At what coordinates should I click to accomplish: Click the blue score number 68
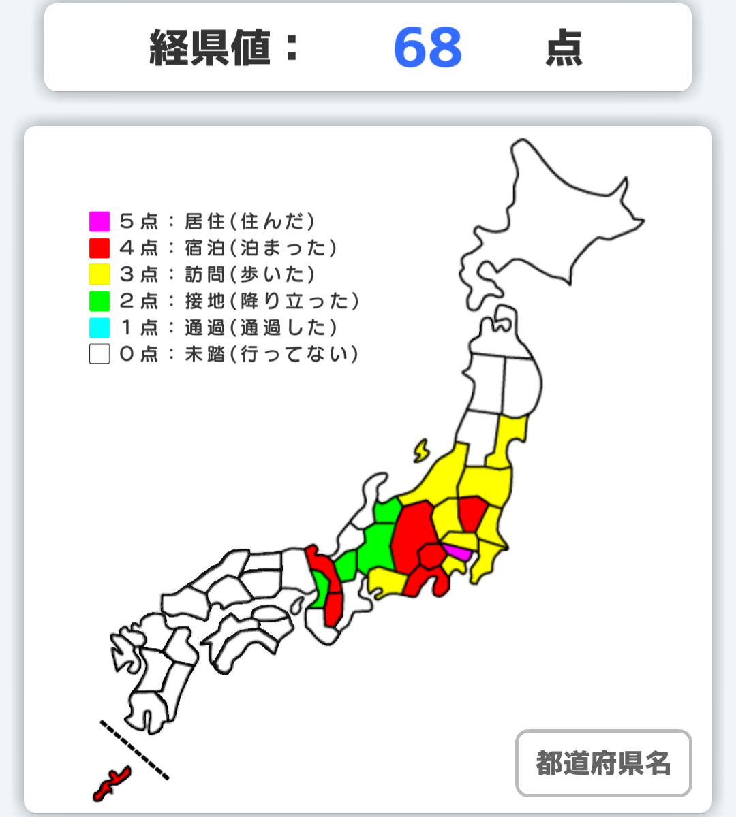[x=428, y=48]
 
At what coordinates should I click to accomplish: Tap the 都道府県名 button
[x=603, y=763]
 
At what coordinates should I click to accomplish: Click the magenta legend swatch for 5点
[x=99, y=221]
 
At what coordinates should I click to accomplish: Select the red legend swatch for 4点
[x=99, y=248]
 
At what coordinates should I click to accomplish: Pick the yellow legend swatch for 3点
[x=99, y=274]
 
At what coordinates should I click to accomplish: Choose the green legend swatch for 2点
[x=99, y=301]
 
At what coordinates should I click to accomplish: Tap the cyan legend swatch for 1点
[x=99, y=327]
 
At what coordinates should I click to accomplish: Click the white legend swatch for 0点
[x=99, y=354]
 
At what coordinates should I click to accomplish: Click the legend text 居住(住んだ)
[x=249, y=221]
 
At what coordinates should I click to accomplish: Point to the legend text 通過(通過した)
[x=260, y=327]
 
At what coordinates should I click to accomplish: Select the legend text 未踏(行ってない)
[x=271, y=354]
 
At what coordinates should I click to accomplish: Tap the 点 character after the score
[x=564, y=49]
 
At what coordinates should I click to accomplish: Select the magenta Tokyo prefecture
[x=457, y=552]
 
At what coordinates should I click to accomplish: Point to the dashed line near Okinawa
[x=134, y=749]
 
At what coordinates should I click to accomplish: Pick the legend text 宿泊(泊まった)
[x=260, y=248]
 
